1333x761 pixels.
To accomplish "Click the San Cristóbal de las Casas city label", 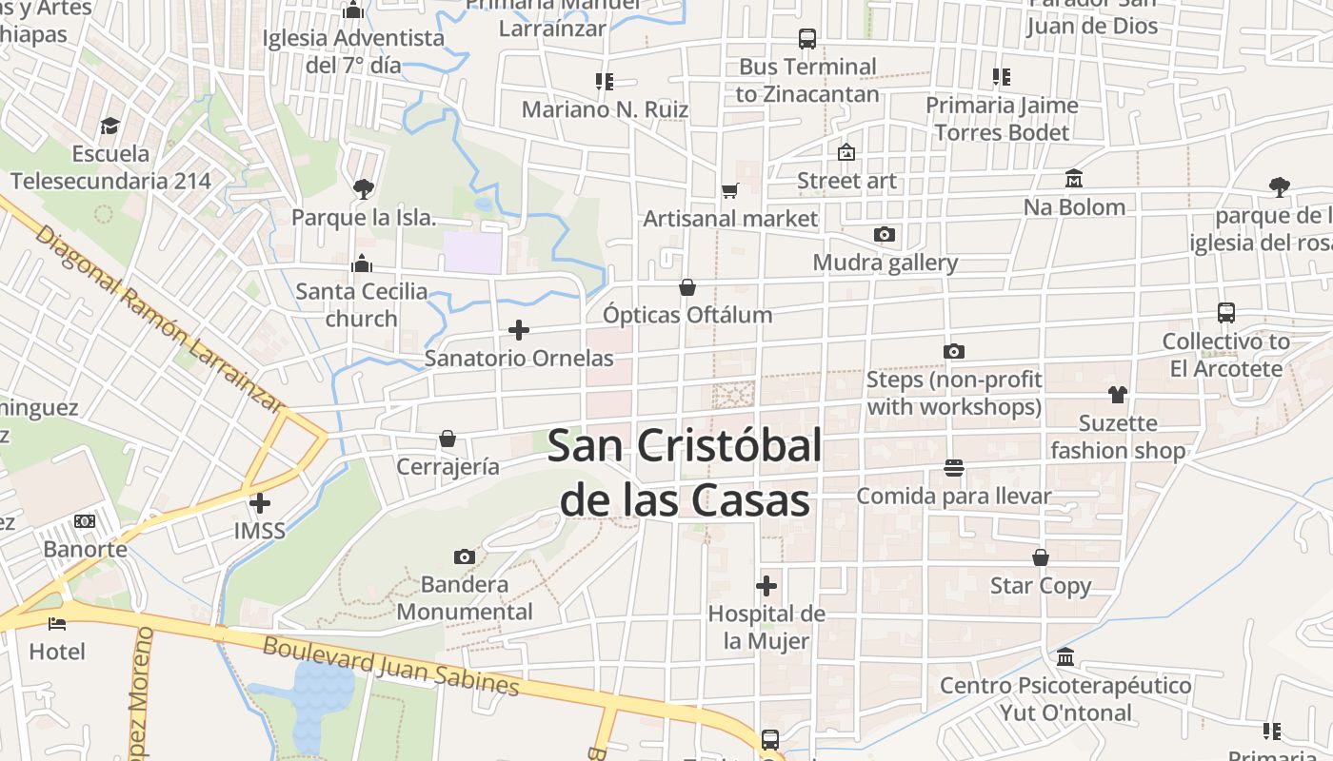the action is tap(685, 473).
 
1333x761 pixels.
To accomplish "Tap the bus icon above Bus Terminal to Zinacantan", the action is tap(807, 39).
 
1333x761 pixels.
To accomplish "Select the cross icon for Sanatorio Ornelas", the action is tap(519, 330).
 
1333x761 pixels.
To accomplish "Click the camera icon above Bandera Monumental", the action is tap(465, 556).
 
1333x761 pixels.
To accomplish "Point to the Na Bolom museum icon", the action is tap(1074, 179).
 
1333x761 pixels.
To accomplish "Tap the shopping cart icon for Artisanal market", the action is tap(730, 191).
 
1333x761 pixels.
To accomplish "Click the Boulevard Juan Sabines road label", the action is tap(391, 666).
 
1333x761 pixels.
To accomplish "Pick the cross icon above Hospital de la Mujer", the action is tap(766, 586).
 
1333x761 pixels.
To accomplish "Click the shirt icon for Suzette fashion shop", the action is tap(1118, 395).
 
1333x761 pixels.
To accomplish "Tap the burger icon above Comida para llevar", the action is tap(954, 468).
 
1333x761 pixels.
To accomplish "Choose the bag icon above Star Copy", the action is tap(1041, 557).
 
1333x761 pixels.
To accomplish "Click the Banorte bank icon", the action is tap(85, 521).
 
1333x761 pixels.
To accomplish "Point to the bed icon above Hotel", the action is tap(57, 624).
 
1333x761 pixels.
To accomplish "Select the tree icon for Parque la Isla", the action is tap(363, 189).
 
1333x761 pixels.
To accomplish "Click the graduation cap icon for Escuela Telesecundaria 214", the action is tap(110, 126).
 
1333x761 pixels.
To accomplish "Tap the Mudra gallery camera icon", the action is tap(885, 234).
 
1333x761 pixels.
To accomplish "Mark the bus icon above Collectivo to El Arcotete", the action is tap(1226, 313).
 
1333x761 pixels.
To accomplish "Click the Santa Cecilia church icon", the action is tap(362, 263).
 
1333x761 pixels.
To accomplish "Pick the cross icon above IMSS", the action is tap(260, 502).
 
